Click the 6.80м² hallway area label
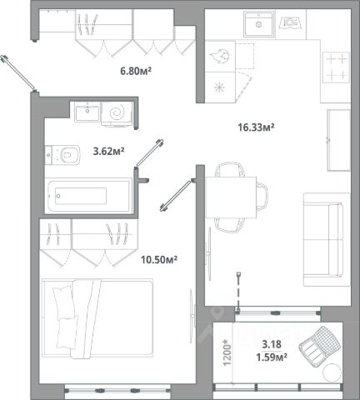(x=136, y=71)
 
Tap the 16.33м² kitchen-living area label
(x=256, y=127)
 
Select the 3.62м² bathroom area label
(x=108, y=152)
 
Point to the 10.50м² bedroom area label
(x=159, y=260)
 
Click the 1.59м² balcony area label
(x=272, y=357)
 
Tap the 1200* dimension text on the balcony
(x=227, y=352)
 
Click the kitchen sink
(x=258, y=24)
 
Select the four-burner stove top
(x=336, y=67)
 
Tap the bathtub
(x=89, y=196)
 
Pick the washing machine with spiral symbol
(x=117, y=113)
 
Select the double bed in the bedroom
(x=97, y=318)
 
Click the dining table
(x=231, y=197)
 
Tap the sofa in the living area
(x=327, y=240)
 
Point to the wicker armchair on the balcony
(x=319, y=347)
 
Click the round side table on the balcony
(x=332, y=372)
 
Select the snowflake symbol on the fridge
(x=220, y=87)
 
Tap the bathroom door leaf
(x=149, y=154)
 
